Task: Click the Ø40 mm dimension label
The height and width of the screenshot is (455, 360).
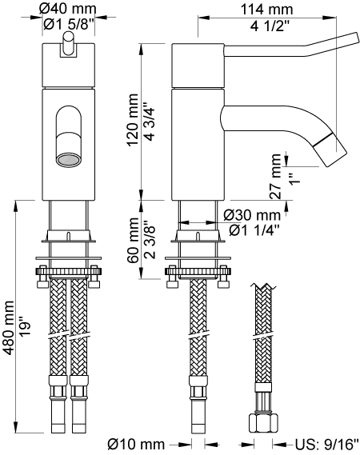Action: pos(68,9)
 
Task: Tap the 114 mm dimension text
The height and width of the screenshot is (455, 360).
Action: pos(267,10)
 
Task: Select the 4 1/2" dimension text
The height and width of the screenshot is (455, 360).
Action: pos(270,26)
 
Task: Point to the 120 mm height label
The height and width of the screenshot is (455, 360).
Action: pos(133,120)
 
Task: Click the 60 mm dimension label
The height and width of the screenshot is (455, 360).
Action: pos(134,240)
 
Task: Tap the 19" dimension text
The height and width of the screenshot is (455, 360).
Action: pos(25,328)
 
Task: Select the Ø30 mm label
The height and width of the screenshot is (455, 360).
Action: pos(252,215)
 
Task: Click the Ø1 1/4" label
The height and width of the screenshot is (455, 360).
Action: pos(254,230)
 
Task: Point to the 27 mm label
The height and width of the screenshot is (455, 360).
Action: pos(275,177)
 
